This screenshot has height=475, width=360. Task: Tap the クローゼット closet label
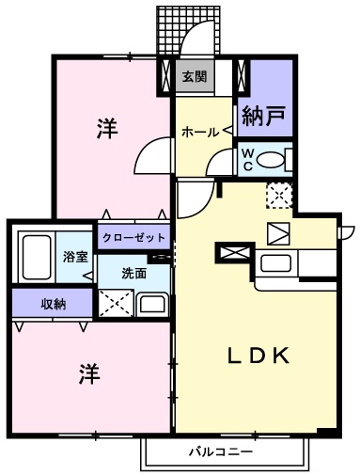[x=133, y=237]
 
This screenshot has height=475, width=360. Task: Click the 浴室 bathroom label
[x=74, y=256]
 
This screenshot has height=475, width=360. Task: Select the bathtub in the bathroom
[x=38, y=255]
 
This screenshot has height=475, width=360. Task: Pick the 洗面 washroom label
[x=133, y=274]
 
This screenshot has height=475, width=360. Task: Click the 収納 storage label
[x=53, y=304]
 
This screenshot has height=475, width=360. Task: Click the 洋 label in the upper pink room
[x=106, y=130]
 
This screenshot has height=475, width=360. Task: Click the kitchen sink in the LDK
[x=277, y=262]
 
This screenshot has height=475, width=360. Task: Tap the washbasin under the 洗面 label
[x=151, y=303]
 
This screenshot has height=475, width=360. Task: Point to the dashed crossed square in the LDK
[x=279, y=195]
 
